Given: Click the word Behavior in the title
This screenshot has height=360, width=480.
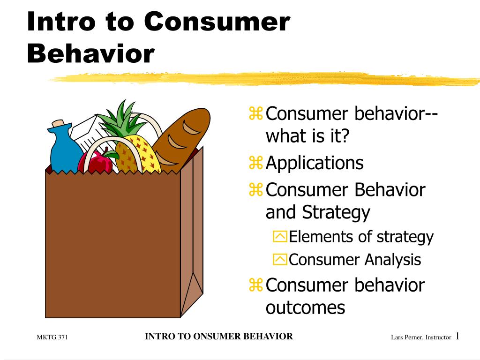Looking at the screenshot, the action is click(x=91, y=53).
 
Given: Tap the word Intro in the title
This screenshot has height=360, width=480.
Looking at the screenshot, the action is click(x=61, y=22).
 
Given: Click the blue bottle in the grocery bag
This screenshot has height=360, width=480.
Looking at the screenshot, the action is click(x=65, y=147).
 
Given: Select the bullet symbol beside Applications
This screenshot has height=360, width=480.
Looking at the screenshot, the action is click(x=255, y=163).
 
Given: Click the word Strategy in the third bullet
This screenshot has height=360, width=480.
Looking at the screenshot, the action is click(x=336, y=212).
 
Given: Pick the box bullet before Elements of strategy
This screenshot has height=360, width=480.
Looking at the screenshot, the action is click(x=280, y=237).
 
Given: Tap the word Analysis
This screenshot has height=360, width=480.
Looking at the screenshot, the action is click(x=393, y=260).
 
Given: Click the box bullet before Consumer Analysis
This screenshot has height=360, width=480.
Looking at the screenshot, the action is click(x=280, y=260).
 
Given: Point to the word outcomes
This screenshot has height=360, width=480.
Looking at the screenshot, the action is click(x=305, y=308).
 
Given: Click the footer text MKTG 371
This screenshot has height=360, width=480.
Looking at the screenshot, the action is click(x=52, y=337).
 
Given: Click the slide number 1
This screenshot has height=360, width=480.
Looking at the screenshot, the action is click(x=457, y=336).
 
